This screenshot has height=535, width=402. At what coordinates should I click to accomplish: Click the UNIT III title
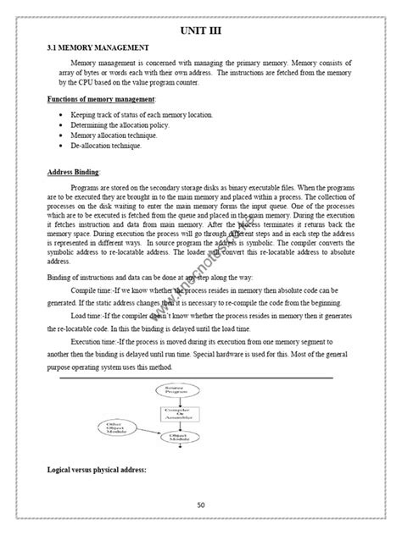(201, 31)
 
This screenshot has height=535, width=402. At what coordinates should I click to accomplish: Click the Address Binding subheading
(74, 172)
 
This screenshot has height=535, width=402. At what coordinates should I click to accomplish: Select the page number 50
(201, 505)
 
